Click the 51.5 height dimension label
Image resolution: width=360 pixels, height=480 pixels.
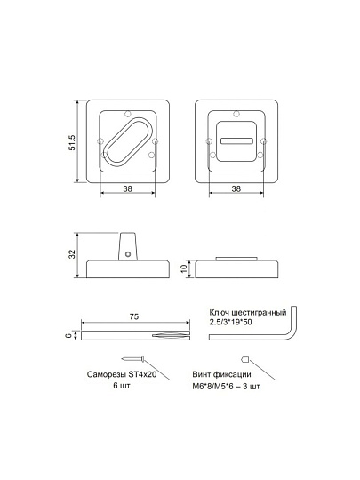point(72,142)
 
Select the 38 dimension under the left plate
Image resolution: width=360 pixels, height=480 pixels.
point(127,188)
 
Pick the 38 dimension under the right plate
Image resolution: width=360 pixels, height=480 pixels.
point(236,188)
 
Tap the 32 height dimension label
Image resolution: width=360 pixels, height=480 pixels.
point(72,254)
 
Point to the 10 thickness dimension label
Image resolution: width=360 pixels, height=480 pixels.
point(184,268)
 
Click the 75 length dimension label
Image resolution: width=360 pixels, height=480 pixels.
point(133,316)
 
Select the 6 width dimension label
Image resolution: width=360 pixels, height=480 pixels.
point(69,335)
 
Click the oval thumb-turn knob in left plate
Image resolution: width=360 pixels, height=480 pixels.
point(128,141)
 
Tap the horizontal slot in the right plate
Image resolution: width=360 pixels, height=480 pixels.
point(236,140)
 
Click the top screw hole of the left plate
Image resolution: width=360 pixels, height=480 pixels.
point(128,114)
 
